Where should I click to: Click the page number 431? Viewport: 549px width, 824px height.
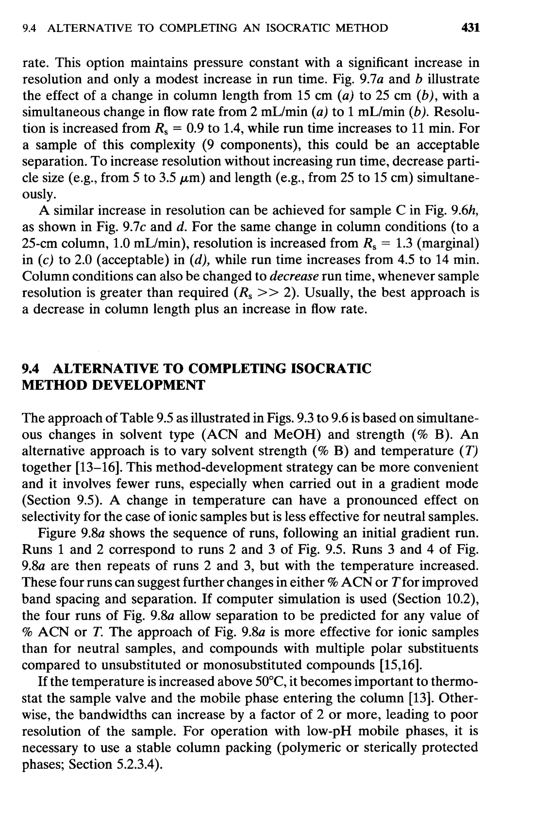click(x=470, y=27)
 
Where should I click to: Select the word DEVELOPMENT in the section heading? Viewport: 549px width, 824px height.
click(x=148, y=385)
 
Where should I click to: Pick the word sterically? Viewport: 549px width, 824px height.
click(x=389, y=748)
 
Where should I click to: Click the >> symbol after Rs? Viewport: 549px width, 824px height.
click(x=268, y=293)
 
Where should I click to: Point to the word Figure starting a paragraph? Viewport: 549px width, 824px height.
click(x=57, y=533)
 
